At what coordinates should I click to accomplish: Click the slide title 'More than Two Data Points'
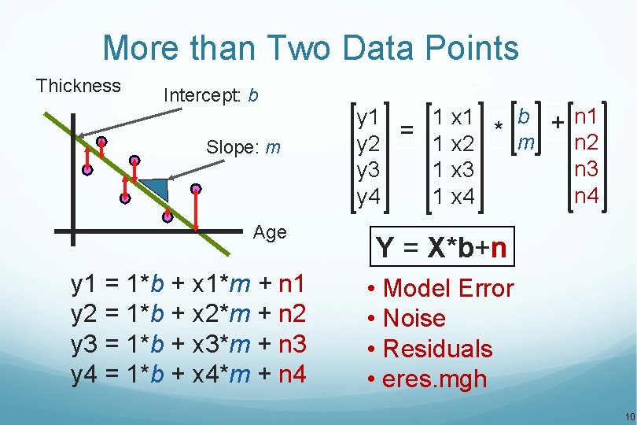tap(311, 48)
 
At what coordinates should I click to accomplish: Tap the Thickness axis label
tap(79, 86)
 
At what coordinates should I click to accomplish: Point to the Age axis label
tap(270, 232)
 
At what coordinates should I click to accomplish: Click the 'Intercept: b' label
tap(210, 95)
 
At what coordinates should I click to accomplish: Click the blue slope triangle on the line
tap(157, 189)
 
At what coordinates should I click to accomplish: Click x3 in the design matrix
tap(462, 170)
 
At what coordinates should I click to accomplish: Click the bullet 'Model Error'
tap(447, 289)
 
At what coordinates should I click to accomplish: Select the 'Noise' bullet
tap(414, 319)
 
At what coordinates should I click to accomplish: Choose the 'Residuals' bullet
tap(437, 349)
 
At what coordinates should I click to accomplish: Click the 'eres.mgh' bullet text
tap(434, 379)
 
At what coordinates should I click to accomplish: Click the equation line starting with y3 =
tap(189, 344)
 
